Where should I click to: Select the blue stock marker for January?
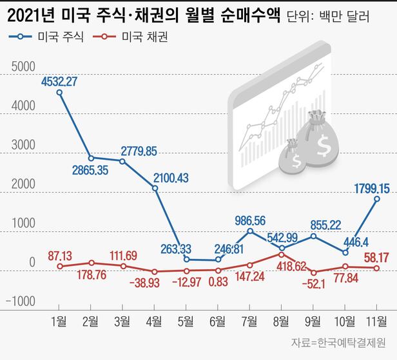click(x=60, y=93)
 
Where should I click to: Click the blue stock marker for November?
click(x=376, y=199)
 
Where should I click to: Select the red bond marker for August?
click(x=282, y=254)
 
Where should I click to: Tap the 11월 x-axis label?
click(x=374, y=320)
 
